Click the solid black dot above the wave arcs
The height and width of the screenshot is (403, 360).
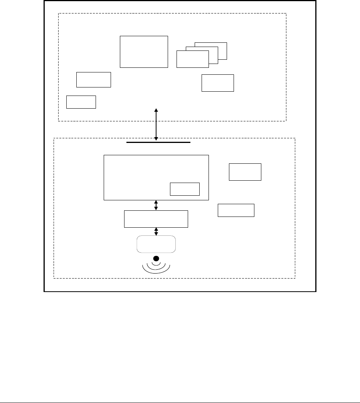(156, 258)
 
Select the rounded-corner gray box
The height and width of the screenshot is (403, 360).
(156, 244)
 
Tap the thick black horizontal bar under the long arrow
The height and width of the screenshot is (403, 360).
(158, 142)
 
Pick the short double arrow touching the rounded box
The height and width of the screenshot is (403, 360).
(156, 232)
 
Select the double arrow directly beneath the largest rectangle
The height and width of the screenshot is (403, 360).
(156, 205)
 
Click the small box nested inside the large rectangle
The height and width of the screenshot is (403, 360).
(185, 189)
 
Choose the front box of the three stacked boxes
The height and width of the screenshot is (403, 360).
(192, 59)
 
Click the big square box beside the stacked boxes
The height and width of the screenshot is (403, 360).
(144, 52)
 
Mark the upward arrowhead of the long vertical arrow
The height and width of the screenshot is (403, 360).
(156, 110)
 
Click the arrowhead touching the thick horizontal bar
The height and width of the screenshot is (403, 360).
(156, 138)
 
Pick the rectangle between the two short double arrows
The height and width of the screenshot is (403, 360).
(156, 219)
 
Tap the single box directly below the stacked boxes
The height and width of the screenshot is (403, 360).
(218, 83)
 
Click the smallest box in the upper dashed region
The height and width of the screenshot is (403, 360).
(81, 102)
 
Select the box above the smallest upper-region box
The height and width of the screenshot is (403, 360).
(94, 79)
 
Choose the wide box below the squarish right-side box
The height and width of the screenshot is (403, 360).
(236, 210)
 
